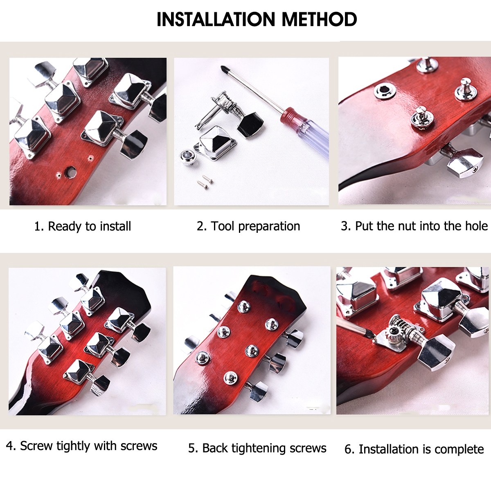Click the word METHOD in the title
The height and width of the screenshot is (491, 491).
click(319, 19)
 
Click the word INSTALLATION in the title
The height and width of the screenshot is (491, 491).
click(216, 19)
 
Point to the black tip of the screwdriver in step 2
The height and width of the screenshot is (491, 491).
click(225, 68)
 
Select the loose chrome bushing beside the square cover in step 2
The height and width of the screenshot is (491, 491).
click(187, 158)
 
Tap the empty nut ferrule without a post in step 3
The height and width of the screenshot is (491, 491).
click(385, 91)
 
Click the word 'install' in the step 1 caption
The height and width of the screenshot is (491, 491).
click(115, 226)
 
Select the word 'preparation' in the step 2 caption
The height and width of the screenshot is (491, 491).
click(269, 227)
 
